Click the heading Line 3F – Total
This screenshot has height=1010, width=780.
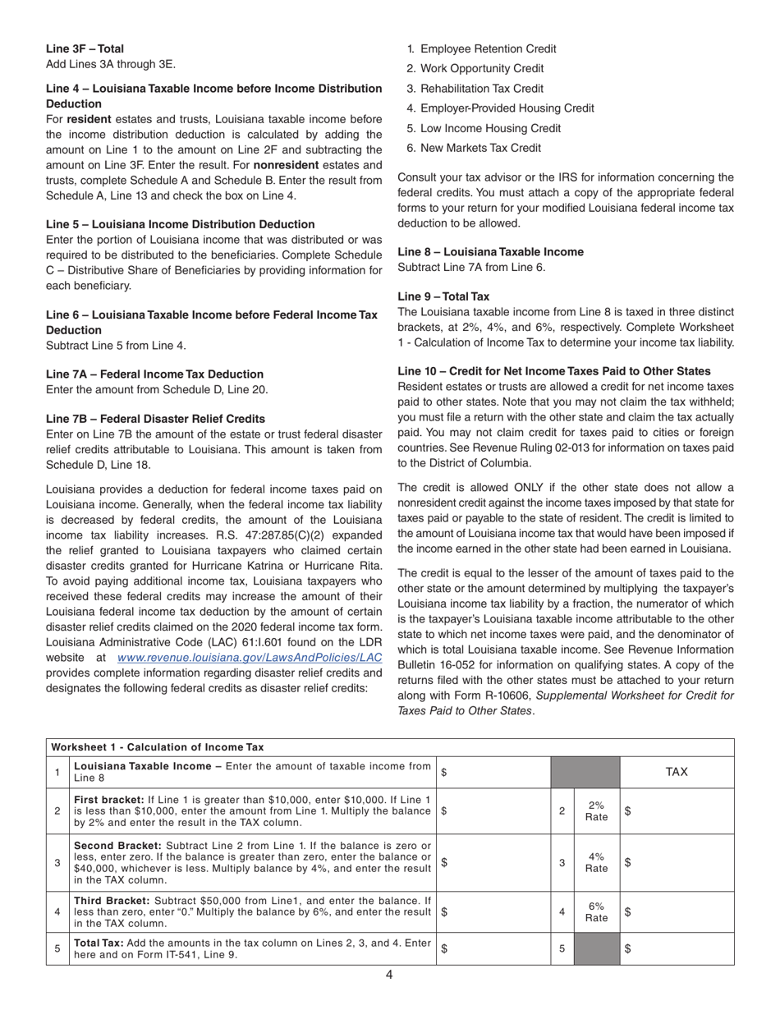coord(85,49)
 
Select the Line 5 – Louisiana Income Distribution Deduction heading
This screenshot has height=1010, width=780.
coord(180,224)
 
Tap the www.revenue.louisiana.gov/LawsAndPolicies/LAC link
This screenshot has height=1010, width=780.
coord(250,658)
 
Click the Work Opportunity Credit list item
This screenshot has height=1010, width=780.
coord(481,69)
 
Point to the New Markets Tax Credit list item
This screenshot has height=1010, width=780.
coord(480,148)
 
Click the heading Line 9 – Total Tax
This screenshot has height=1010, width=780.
coord(443,296)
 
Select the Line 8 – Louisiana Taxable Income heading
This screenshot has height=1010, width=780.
coord(490,252)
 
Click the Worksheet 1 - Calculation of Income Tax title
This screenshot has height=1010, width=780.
coord(158,747)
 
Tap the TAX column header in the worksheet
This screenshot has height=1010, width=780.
coord(677,772)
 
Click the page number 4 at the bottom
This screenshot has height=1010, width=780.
coord(389,975)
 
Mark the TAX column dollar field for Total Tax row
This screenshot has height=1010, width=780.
coord(677,948)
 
